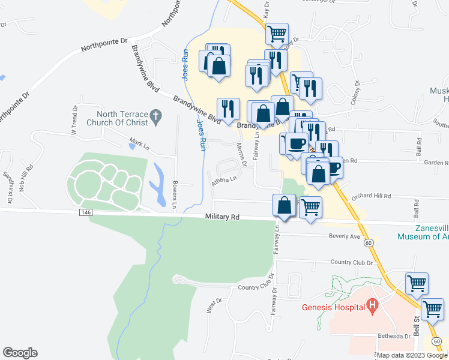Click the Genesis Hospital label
coord(333,308)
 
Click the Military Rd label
coord(222,217)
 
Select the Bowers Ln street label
coord(174,196)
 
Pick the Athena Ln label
coord(224,179)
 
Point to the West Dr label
coord(211,305)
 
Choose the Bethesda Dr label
coord(393,337)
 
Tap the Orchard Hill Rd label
coord(371,196)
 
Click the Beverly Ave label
coord(345,236)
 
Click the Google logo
coord(20,353)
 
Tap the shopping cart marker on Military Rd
coord(310,208)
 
